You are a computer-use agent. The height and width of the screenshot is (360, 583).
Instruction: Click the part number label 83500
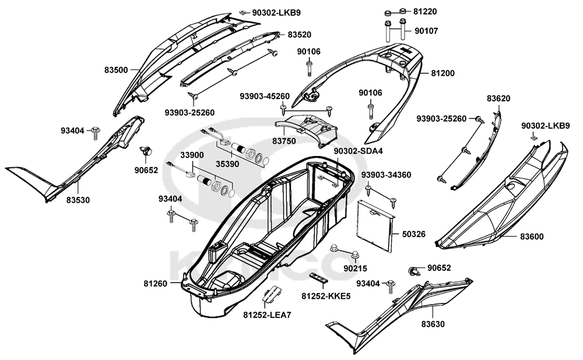(117, 70)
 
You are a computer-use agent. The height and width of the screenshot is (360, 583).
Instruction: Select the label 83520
(299, 35)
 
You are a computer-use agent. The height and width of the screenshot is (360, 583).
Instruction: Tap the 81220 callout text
(425, 11)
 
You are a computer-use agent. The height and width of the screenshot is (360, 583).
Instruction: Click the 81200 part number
(443, 73)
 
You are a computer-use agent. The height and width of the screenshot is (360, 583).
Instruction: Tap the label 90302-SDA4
(358, 151)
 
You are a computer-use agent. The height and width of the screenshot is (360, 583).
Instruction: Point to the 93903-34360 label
(385, 175)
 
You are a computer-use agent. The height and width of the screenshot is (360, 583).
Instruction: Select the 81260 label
(156, 284)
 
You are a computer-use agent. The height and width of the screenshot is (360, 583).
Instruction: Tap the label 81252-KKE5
(326, 296)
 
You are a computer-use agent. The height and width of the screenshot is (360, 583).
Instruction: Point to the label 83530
(78, 199)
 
